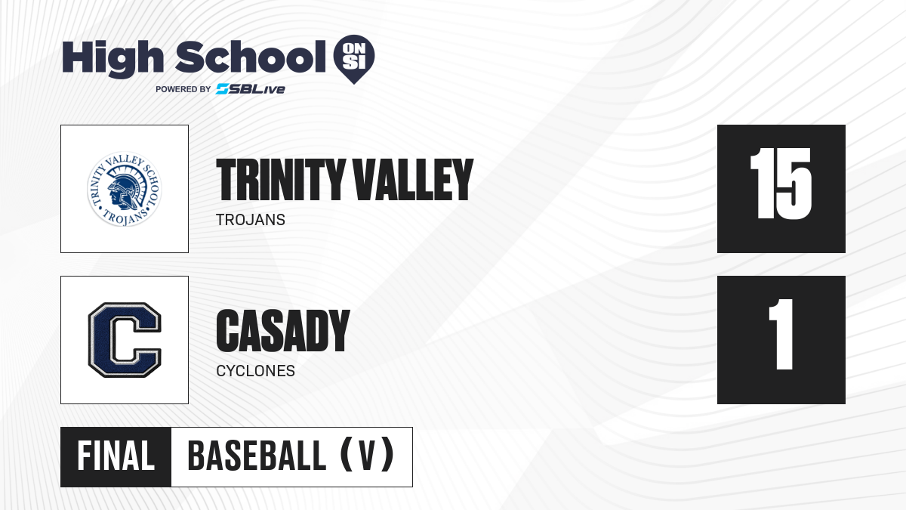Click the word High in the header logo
coord(112,59)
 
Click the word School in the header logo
coord(251,57)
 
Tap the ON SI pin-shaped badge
coord(354,59)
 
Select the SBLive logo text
coord(251,89)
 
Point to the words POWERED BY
coord(183,89)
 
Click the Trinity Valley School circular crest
coord(125,189)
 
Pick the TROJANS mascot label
coord(251,220)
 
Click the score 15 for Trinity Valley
coord(781,184)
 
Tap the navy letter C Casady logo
coord(125,340)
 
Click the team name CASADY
coord(282,331)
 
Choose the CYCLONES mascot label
coord(256,371)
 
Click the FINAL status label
coord(116,456)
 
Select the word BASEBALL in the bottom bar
coord(257,456)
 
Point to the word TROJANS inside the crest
coord(125,217)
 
